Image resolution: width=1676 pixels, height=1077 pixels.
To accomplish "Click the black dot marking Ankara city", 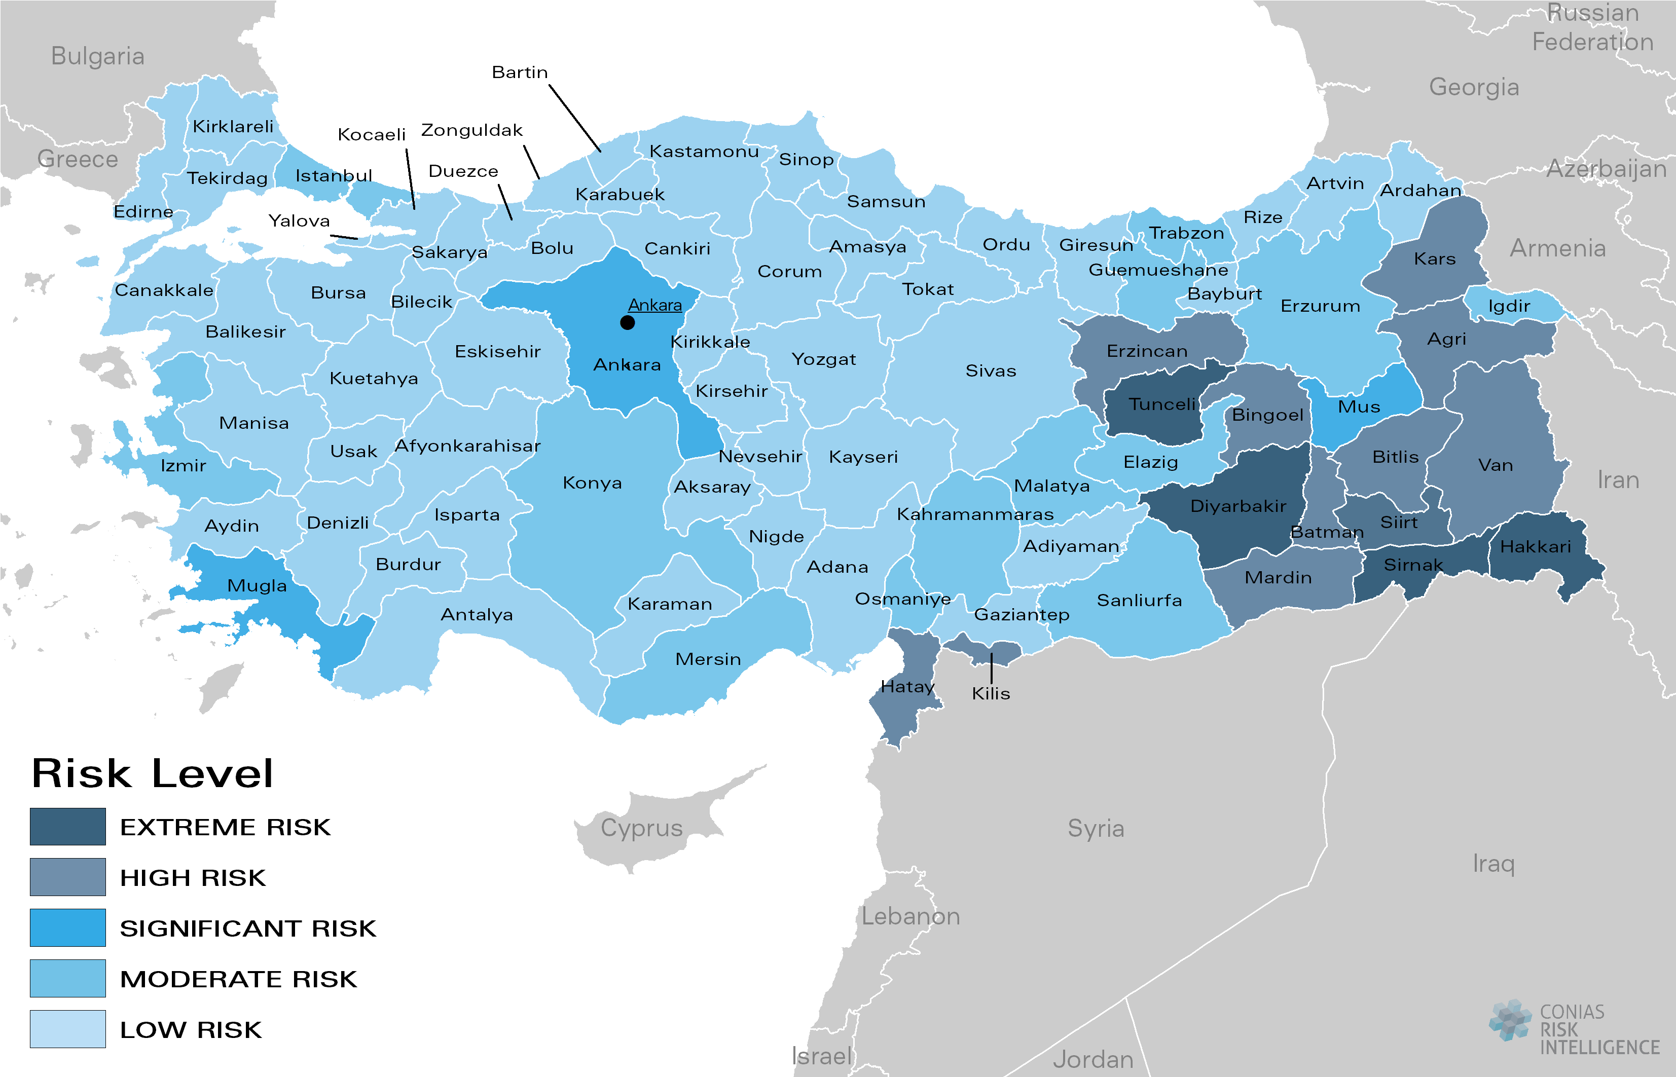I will pos(628,322).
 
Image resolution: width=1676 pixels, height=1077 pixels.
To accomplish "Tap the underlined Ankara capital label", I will pos(654,305).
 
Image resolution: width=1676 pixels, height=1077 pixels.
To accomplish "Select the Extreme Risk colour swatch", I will pos(68,827).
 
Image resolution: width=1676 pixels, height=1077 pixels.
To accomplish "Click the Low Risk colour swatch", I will pos(68,1029).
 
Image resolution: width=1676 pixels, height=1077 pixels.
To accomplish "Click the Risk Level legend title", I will pos(153,773).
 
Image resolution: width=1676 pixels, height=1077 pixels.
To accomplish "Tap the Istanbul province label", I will pos(334,175).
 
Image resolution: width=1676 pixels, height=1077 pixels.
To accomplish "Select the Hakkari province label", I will pos(1536,547).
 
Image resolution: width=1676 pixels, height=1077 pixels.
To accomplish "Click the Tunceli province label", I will pos(1162,404).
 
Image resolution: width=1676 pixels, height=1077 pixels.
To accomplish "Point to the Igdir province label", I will pos(1509,306).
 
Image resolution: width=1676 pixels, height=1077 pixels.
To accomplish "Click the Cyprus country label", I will pos(641,828).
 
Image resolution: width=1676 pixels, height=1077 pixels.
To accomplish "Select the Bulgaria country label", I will pos(98,56).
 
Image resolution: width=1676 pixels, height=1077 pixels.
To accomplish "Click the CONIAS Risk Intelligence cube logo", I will pos(1510,1020).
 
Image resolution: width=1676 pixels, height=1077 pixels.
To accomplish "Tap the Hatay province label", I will pos(907,687).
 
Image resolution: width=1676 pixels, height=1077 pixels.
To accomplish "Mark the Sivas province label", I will pos(991,370).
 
